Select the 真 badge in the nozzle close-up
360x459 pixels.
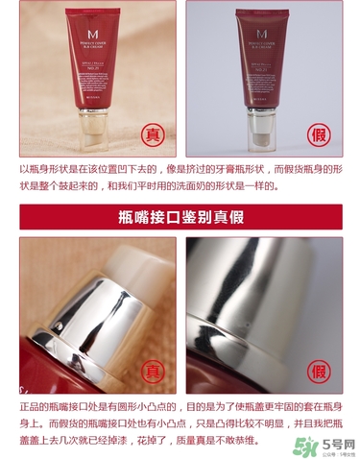(151, 369)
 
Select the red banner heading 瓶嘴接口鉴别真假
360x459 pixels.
(180, 214)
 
